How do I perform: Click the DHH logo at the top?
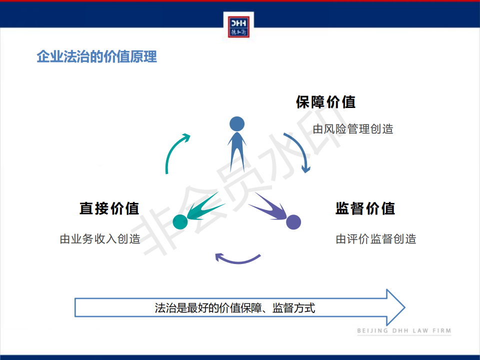click(238, 27)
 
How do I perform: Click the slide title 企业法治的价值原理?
click(96, 56)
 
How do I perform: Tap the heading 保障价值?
click(325, 102)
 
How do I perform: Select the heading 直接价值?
click(109, 208)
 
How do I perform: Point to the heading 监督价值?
click(365, 208)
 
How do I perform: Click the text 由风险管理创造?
click(353, 129)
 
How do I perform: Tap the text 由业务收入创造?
click(100, 239)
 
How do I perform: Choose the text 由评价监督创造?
click(376, 239)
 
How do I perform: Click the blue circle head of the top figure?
click(237, 124)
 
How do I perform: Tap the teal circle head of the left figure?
click(180, 222)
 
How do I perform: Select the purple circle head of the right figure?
click(293, 222)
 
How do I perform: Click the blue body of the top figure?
click(237, 150)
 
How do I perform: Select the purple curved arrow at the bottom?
click(237, 261)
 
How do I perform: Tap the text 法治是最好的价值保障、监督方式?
click(235, 308)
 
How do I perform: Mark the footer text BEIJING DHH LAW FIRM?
click(404, 331)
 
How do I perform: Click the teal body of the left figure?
click(203, 207)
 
